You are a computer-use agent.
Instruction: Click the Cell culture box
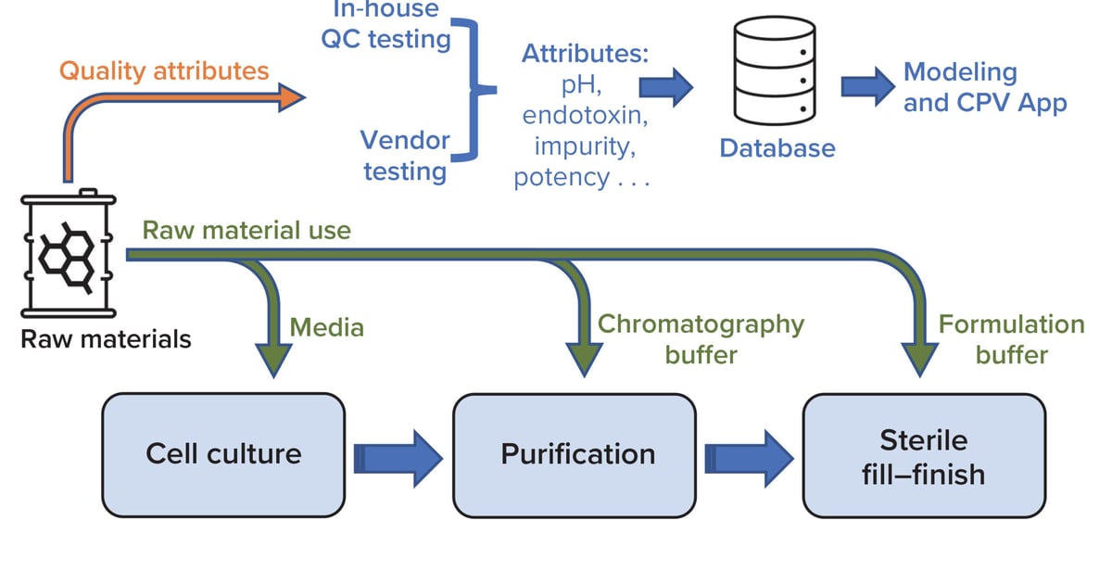click(223, 454)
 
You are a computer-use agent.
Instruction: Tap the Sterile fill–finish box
click(923, 454)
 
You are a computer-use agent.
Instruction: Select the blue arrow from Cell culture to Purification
click(398, 455)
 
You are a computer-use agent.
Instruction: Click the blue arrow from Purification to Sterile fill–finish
click(748, 455)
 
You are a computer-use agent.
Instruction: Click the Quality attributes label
click(164, 70)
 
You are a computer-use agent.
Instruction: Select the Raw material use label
click(246, 229)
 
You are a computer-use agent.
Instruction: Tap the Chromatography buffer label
click(701, 338)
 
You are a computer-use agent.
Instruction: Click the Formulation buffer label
click(1011, 339)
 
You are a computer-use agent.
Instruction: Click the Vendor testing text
click(405, 156)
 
